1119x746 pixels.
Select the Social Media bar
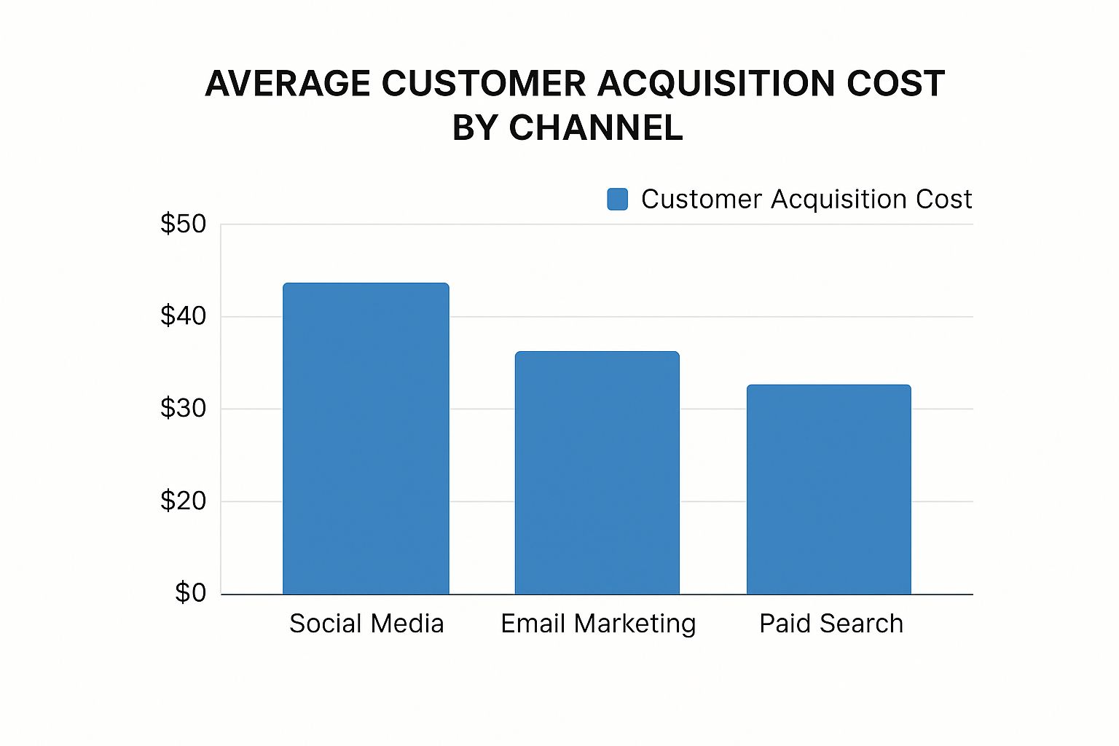(366, 439)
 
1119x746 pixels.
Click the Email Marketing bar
(597, 473)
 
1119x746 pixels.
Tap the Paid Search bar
(829, 490)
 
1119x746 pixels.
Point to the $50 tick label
(184, 224)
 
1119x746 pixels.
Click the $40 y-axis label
(184, 316)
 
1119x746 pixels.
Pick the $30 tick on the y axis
(184, 409)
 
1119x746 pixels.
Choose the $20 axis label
(184, 501)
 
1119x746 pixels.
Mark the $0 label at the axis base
(191, 593)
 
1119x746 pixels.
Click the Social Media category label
(366, 624)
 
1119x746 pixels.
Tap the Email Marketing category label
(598, 624)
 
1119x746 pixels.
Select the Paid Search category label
(831, 624)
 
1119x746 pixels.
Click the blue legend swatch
(618, 200)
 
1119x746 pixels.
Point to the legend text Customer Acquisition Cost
(806, 200)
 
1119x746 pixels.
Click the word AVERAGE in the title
(288, 84)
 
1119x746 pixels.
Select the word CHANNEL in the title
(596, 128)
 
